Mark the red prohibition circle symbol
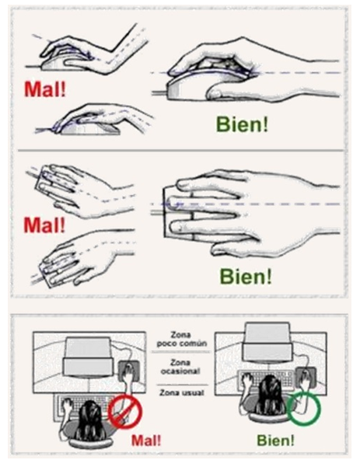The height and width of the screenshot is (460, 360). click(x=123, y=410)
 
